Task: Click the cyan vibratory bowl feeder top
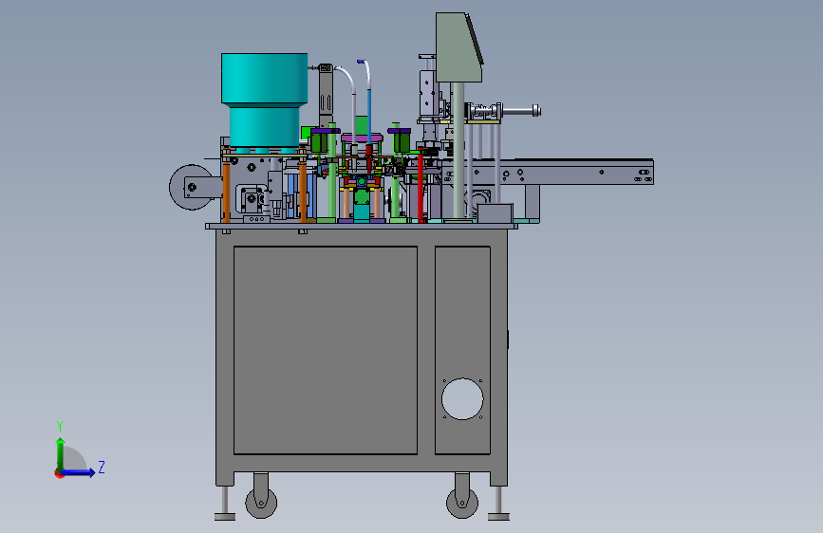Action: [265, 78]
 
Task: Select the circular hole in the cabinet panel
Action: [462, 398]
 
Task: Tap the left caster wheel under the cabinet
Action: [261, 503]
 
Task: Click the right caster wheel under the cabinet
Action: [462, 503]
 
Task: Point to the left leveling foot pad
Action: [225, 517]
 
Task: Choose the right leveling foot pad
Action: [498, 517]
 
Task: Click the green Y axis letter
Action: [60, 427]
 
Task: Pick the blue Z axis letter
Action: [102, 467]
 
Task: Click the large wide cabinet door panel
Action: [326, 350]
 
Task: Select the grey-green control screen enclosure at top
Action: [458, 47]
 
